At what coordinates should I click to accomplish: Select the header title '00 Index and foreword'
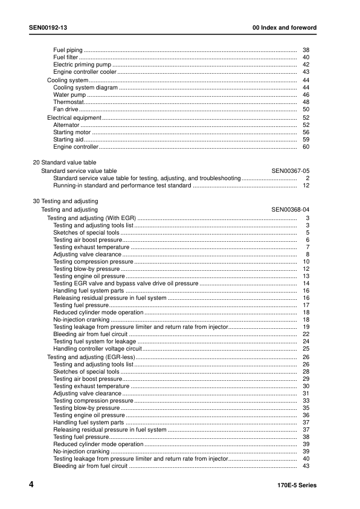click(284, 28)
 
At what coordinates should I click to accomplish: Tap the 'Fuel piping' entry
click(68, 50)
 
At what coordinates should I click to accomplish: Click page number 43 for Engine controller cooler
click(306, 72)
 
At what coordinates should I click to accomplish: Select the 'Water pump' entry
click(69, 95)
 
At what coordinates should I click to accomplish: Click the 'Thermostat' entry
click(68, 102)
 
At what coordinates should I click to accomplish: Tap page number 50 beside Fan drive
click(306, 109)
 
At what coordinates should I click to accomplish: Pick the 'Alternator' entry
click(66, 125)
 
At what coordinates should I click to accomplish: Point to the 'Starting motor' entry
click(72, 132)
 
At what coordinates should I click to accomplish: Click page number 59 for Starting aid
click(306, 140)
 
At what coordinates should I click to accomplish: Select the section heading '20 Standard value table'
click(64, 163)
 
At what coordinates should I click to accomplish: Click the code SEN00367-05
click(291, 171)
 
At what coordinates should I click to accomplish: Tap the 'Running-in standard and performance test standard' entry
click(122, 186)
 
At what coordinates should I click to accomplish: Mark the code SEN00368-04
click(291, 210)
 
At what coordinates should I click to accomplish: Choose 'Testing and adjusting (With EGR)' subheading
click(92, 218)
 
